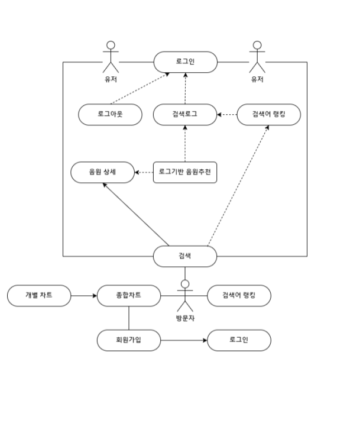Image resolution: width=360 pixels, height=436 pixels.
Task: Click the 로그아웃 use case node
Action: tap(111, 114)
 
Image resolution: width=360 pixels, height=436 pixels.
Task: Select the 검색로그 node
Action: tap(185, 114)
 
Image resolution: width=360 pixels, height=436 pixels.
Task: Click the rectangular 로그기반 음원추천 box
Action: tap(185, 173)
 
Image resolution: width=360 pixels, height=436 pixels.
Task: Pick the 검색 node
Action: tap(185, 256)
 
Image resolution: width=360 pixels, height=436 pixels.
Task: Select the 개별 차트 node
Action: tap(39, 295)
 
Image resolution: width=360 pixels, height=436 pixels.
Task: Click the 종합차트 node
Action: tap(128, 295)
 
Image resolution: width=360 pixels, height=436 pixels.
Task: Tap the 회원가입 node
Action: tap(128, 340)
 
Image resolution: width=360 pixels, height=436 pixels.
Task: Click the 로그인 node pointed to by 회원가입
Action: tap(239, 340)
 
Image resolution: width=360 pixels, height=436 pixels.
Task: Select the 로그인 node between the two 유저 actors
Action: tap(185, 62)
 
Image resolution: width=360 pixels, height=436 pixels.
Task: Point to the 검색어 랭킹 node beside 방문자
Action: tap(239, 295)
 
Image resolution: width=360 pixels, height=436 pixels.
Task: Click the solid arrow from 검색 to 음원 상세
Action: tap(136, 214)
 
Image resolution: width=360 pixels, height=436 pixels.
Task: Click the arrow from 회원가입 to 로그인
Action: tap(183, 340)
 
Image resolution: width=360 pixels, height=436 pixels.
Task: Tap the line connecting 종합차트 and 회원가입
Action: tap(128, 318)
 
